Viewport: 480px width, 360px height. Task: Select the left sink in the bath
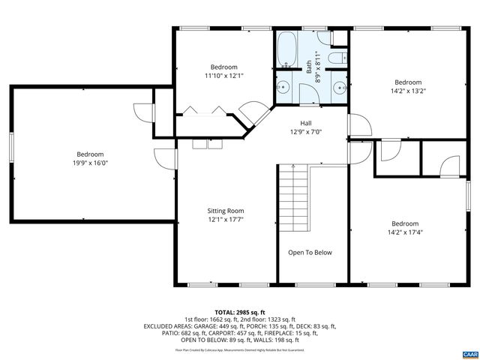(x=285, y=86)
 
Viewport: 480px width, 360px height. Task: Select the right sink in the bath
(x=337, y=86)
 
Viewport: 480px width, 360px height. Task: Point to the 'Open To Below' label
(x=310, y=253)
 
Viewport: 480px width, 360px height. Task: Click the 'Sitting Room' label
(x=225, y=211)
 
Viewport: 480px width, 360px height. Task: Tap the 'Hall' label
(x=306, y=124)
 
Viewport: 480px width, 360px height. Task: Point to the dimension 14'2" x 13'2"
(x=408, y=91)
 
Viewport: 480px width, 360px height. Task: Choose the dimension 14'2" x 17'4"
(x=405, y=232)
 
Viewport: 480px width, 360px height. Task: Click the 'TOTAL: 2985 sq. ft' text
(x=240, y=311)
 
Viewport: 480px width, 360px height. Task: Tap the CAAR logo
(x=469, y=352)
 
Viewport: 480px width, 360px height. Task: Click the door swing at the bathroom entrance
(x=307, y=93)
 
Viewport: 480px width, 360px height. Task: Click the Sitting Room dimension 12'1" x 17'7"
(x=225, y=220)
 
